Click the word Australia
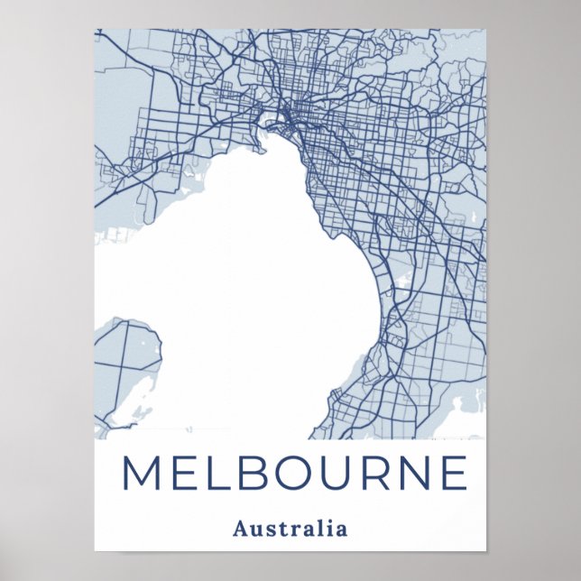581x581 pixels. click(290, 528)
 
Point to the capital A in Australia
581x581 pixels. click(240, 528)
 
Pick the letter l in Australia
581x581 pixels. click(317, 528)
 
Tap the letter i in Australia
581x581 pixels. click(325, 528)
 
